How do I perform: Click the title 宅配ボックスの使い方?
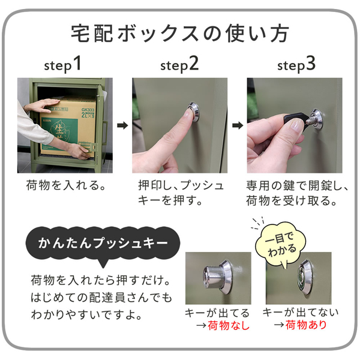click(x=180, y=32)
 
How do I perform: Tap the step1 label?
click(x=62, y=64)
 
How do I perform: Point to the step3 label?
click(x=295, y=64)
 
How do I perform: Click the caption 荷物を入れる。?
click(x=66, y=185)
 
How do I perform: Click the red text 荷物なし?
click(x=228, y=326)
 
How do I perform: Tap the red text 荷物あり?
click(x=305, y=325)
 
